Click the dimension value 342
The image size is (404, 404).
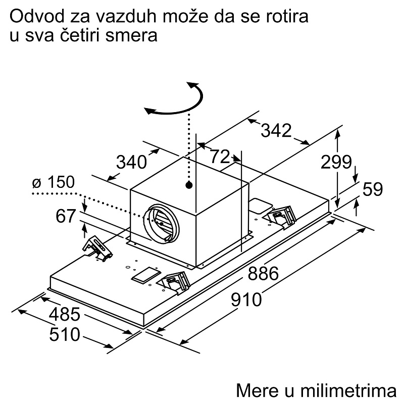(x=276, y=130)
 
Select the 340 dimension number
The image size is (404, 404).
(x=131, y=162)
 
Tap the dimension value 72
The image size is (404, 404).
(x=220, y=156)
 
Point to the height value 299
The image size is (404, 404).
(x=336, y=162)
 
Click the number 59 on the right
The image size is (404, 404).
(x=373, y=189)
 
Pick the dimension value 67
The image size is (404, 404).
(x=66, y=216)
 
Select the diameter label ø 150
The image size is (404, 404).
(x=54, y=182)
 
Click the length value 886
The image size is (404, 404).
(x=263, y=273)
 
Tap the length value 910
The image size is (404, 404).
(x=246, y=299)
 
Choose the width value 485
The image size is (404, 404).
(x=65, y=314)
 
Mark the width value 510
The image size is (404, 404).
(x=65, y=334)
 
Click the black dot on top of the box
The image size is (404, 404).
(x=189, y=185)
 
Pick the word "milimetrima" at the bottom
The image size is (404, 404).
(x=348, y=390)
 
